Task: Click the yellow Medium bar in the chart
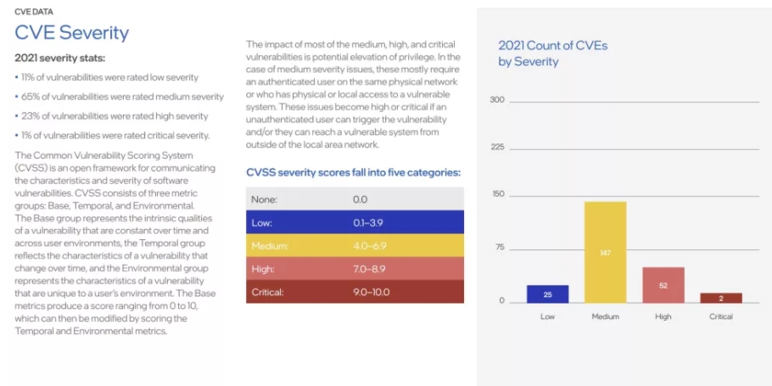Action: click(x=605, y=252)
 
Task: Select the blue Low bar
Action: click(x=547, y=294)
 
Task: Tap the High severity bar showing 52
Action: click(x=663, y=285)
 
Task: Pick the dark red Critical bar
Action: click(x=721, y=298)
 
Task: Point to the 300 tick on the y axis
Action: click(x=498, y=100)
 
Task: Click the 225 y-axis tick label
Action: click(x=498, y=148)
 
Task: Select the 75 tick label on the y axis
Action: click(x=501, y=247)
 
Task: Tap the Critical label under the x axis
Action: click(x=721, y=316)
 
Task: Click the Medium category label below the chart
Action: click(x=605, y=316)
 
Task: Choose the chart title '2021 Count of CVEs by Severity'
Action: click(x=553, y=53)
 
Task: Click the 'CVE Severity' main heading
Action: click(x=72, y=32)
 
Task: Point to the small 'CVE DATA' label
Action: click(x=34, y=12)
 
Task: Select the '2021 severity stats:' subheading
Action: click(x=60, y=58)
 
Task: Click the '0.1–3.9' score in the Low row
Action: click(x=368, y=222)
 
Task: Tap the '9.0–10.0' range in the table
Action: click(x=372, y=292)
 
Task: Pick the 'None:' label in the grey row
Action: click(x=265, y=199)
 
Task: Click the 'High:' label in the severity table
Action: click(x=263, y=269)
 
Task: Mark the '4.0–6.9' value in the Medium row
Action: click(x=369, y=246)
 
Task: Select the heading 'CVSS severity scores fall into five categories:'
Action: click(x=353, y=172)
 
